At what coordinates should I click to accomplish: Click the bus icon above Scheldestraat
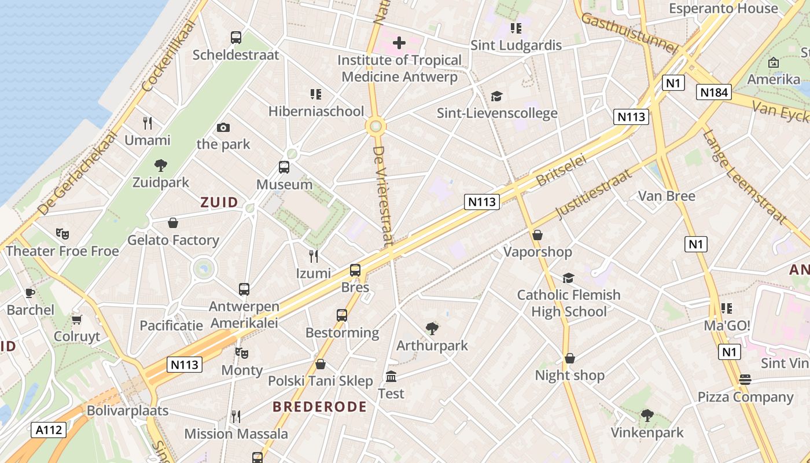(x=236, y=38)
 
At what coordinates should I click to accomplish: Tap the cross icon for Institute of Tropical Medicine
(x=399, y=43)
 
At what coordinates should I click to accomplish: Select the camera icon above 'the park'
(x=223, y=127)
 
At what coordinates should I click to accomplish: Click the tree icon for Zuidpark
(x=161, y=166)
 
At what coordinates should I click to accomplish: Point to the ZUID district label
(x=219, y=202)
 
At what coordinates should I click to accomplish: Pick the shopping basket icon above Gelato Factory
(x=172, y=223)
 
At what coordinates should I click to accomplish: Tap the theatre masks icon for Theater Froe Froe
(x=62, y=234)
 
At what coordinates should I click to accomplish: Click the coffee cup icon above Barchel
(x=30, y=293)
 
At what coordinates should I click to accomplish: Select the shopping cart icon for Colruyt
(x=77, y=319)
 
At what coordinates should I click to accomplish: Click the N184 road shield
(x=715, y=92)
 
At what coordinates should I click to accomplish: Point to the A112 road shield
(x=49, y=430)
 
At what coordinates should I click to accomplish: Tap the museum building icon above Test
(x=391, y=377)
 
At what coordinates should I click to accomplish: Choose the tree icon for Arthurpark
(x=432, y=329)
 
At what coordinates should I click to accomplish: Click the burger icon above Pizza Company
(x=745, y=380)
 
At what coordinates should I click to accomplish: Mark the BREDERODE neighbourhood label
(x=320, y=407)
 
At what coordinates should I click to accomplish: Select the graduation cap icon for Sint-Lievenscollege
(x=496, y=96)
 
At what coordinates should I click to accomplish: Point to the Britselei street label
(x=562, y=170)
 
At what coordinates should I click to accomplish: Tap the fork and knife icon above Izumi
(x=314, y=256)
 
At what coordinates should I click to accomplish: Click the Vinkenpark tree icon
(x=647, y=416)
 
